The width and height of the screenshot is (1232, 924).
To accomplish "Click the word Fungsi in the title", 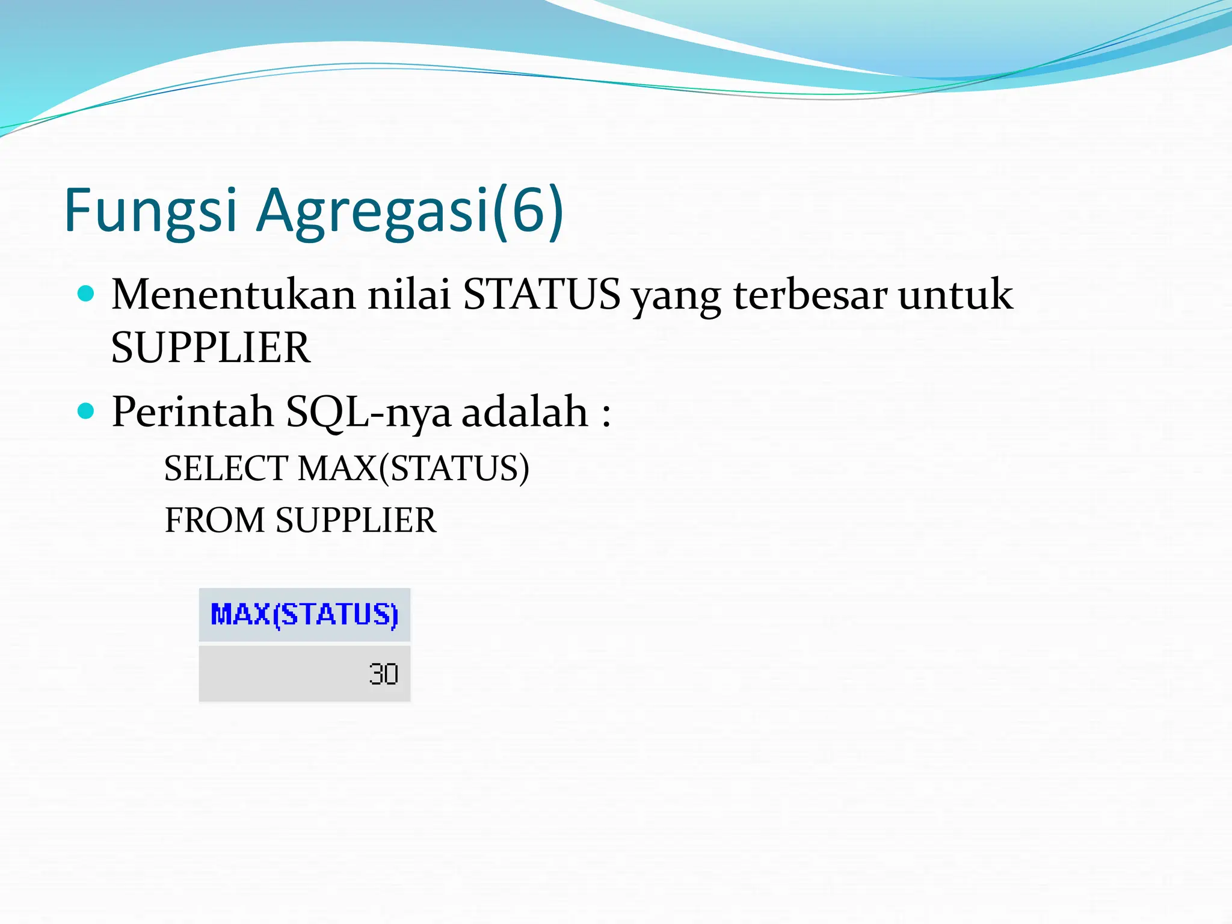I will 150,211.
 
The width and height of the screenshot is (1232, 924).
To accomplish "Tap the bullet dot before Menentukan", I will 87,294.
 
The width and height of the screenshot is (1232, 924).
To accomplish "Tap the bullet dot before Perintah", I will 87,411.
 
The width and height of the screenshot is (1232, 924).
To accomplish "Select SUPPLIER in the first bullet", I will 211,348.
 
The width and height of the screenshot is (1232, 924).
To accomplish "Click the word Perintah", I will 192,413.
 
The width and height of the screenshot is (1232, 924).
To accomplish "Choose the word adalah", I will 525,413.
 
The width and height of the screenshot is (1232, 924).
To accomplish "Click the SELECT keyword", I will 226,469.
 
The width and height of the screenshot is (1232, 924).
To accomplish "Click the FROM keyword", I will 215,520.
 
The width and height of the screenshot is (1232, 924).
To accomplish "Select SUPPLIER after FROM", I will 356,520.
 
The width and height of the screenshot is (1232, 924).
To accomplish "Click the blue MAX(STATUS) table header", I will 304,615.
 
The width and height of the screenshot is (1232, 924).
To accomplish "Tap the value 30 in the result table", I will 383,674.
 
